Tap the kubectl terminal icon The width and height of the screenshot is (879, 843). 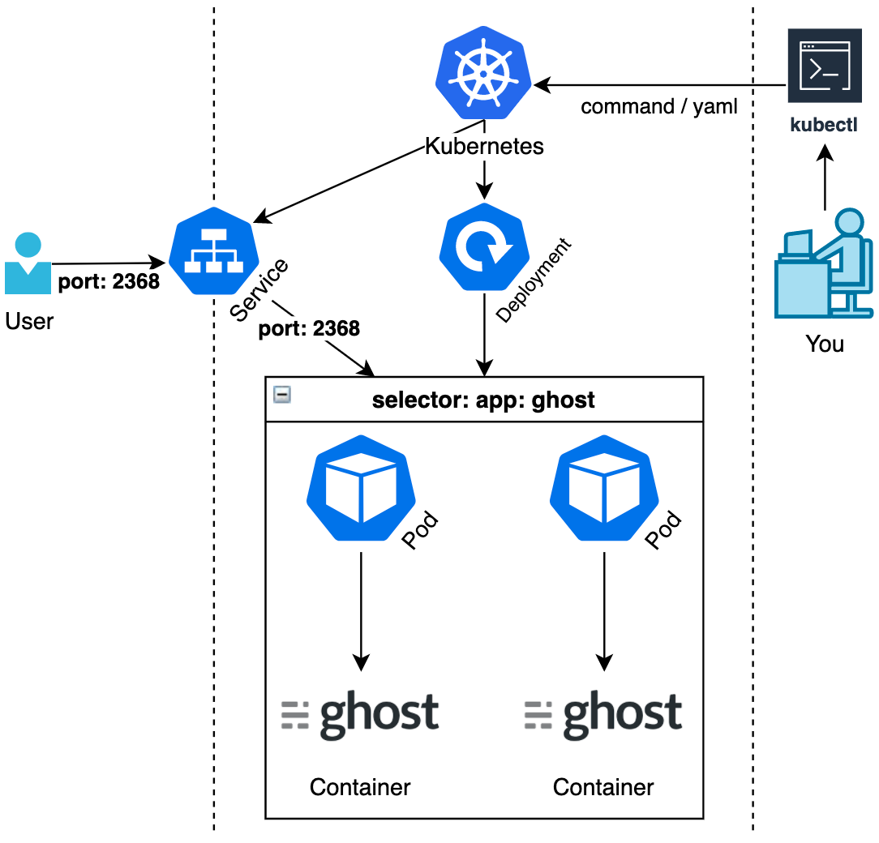[x=824, y=66]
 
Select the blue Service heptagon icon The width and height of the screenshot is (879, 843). [x=214, y=251]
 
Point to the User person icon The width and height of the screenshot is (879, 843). [x=28, y=264]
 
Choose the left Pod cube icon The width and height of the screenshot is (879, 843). [x=361, y=488]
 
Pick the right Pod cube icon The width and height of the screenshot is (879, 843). [x=603, y=488]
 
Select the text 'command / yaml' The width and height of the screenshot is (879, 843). [x=659, y=106]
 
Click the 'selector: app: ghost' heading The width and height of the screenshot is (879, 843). [x=483, y=400]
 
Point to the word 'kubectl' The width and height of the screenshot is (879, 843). [x=824, y=126]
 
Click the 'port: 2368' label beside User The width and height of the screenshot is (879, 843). [x=109, y=283]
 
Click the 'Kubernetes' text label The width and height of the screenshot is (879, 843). [x=484, y=147]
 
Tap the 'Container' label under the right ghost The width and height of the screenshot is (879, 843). [x=603, y=786]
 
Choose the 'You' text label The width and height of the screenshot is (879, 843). [x=825, y=344]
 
